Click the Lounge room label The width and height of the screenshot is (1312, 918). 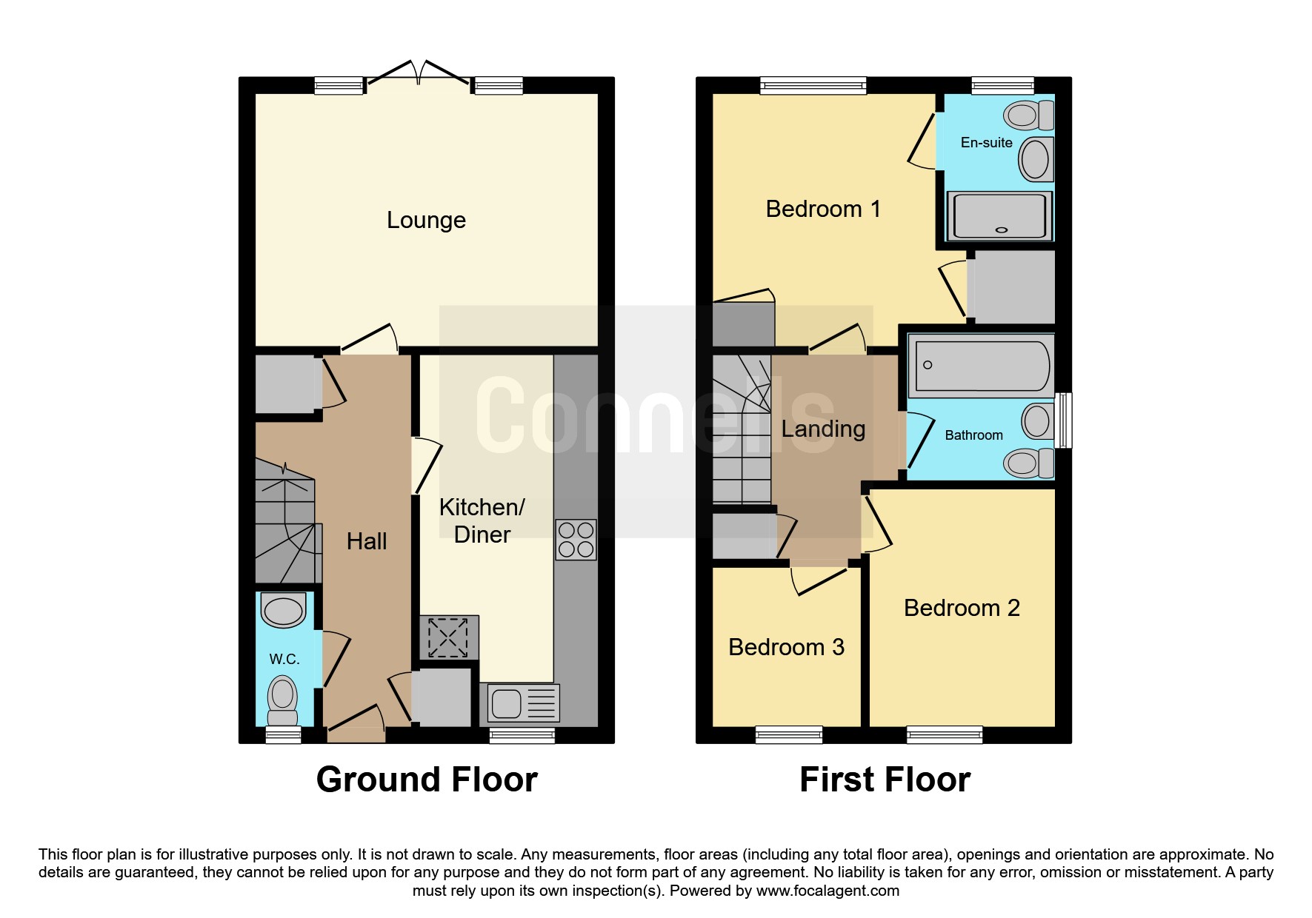(x=426, y=220)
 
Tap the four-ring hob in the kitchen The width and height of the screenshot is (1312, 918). (x=576, y=540)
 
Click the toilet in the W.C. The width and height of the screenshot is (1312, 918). (x=282, y=700)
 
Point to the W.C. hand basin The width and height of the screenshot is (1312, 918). (x=284, y=612)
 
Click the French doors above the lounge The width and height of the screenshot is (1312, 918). (x=418, y=72)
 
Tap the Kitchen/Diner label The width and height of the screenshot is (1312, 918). (x=482, y=520)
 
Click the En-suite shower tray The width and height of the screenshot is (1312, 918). (x=999, y=216)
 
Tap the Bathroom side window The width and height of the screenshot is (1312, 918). (x=1064, y=421)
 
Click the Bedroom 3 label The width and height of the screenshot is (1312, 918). (x=786, y=647)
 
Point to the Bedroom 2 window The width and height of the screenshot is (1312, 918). (x=944, y=734)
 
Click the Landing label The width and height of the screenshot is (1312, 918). (x=823, y=429)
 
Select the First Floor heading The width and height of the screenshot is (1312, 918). (x=885, y=780)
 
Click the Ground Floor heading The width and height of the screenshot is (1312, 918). (x=427, y=780)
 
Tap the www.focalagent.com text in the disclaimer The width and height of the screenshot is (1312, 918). (x=828, y=891)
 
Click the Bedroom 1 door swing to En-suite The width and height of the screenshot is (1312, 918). (x=922, y=141)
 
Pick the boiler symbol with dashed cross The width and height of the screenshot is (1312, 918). (x=448, y=637)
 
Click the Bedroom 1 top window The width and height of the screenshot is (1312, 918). (x=813, y=86)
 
